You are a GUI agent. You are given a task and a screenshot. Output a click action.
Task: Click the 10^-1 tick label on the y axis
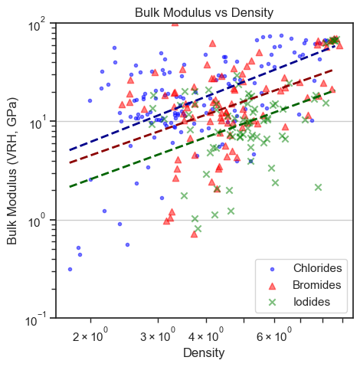pyautogui.click(x=38, y=319)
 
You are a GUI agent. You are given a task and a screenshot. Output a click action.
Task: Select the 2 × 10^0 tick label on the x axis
pyautogui.click(x=91, y=335)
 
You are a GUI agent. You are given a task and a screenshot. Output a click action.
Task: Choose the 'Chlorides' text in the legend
pyautogui.click(x=317, y=268)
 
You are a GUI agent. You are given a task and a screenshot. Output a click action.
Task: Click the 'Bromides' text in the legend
pyautogui.click(x=317, y=285)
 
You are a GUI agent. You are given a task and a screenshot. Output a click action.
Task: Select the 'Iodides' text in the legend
pyautogui.click(x=311, y=302)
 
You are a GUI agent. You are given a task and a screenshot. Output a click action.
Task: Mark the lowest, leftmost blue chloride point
pyautogui.click(x=70, y=269)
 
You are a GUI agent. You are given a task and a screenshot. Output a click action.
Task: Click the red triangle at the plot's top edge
pyautogui.click(x=175, y=23)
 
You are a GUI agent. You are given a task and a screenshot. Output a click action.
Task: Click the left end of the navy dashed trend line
pyautogui.click(x=70, y=150)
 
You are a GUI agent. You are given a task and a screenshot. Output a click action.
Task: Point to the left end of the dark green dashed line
pyautogui.click(x=70, y=186)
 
